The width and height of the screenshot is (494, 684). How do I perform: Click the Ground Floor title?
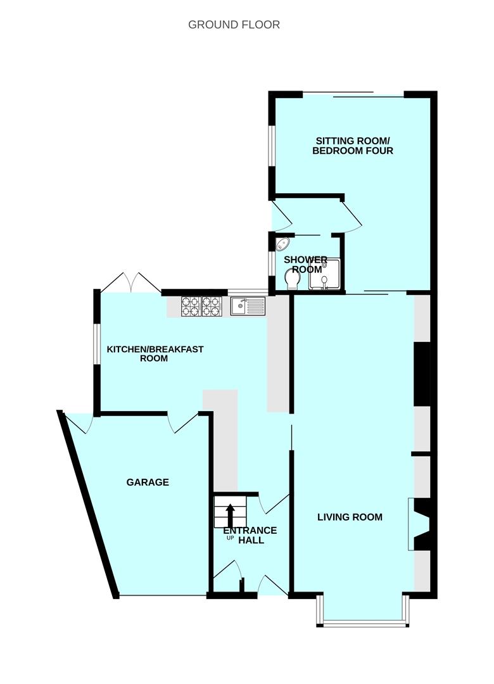[x=234, y=25]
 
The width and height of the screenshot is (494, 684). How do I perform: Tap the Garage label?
[x=148, y=482]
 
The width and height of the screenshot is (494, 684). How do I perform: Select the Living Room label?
[x=350, y=517]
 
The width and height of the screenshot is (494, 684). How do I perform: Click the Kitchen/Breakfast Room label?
[x=155, y=354]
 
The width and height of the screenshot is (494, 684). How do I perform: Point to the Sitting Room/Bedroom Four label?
[x=353, y=146]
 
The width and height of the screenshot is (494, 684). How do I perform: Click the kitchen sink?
[x=248, y=306]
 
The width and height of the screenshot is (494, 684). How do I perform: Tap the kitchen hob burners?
[x=202, y=306]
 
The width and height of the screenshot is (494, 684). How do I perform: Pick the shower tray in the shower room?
[x=324, y=274]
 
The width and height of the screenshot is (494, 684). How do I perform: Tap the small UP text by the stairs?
[x=230, y=538]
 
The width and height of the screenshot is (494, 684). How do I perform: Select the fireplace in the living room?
[x=421, y=525]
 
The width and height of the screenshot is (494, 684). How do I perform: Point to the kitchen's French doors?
[x=131, y=282]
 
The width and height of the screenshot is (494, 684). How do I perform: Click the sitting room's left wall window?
[x=272, y=146]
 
